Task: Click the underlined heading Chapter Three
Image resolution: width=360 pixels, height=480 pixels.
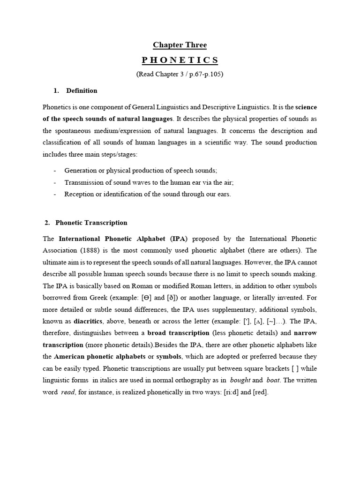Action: click(180, 45)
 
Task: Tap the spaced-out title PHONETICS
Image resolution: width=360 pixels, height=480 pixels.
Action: click(180, 60)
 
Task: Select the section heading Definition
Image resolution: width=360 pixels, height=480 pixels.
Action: click(82, 90)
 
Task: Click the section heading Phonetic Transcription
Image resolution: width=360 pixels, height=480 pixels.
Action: click(91, 223)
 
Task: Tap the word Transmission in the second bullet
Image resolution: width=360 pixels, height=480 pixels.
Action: click(83, 182)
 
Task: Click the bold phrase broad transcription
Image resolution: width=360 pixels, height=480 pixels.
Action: click(178, 333)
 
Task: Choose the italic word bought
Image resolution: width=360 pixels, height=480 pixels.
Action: click(240, 380)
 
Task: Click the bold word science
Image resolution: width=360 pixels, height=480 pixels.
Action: click(306, 106)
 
